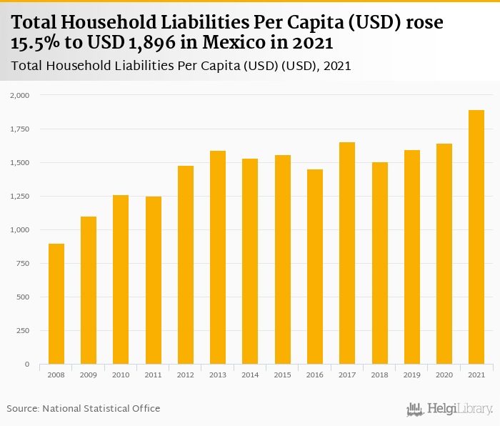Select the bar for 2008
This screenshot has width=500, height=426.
(x=56, y=304)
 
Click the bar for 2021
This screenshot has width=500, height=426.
(x=476, y=237)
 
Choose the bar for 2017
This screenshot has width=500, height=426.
(x=347, y=253)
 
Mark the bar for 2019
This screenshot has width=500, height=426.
(x=412, y=257)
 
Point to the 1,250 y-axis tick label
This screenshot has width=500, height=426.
(x=20, y=196)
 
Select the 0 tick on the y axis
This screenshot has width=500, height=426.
(x=27, y=365)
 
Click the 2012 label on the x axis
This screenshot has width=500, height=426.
(x=186, y=375)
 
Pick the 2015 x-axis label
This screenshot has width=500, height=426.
(x=283, y=375)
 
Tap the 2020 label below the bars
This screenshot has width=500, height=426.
(x=444, y=375)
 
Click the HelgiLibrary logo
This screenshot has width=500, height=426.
(x=449, y=410)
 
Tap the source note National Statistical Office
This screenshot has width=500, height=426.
(x=101, y=409)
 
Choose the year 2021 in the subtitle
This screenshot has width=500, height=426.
(x=337, y=66)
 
